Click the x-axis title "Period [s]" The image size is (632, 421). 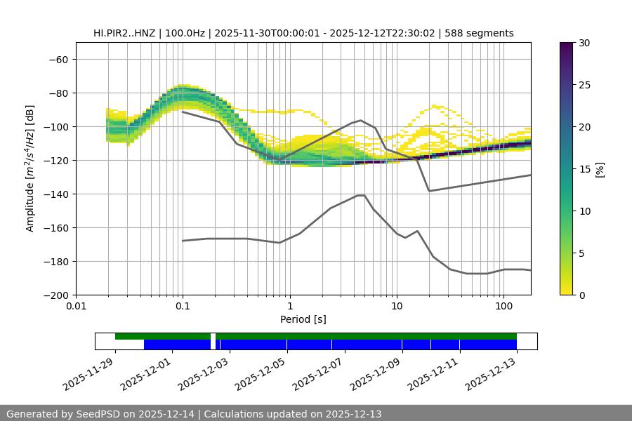[x=303, y=319]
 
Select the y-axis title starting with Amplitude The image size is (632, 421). [x=30, y=168]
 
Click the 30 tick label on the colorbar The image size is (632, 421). [x=584, y=43]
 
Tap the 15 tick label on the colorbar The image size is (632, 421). [x=584, y=169]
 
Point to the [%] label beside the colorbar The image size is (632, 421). [x=600, y=169]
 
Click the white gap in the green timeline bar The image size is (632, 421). [x=213, y=336]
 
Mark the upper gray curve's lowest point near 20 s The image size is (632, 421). [x=429, y=191]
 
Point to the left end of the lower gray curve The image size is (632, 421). [x=183, y=241]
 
